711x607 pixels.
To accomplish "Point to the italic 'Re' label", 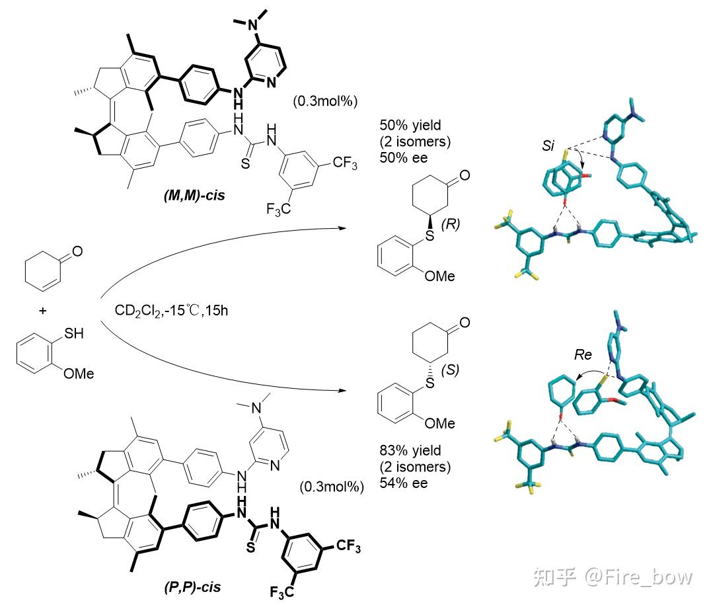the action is pos(583,355).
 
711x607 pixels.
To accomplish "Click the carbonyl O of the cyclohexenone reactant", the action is pos(77,251).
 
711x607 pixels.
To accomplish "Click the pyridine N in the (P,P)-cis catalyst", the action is pos(274,465).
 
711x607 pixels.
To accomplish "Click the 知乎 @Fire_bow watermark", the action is pos(636,576).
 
